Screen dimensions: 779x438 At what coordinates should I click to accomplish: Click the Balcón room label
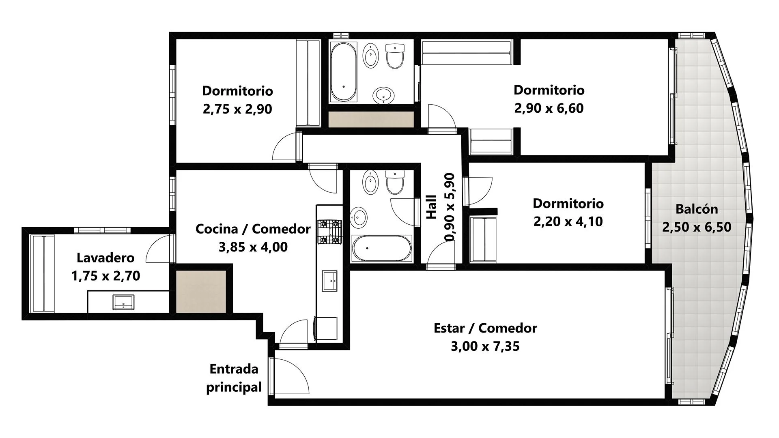(x=697, y=209)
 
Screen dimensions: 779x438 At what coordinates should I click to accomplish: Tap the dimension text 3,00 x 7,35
(x=485, y=346)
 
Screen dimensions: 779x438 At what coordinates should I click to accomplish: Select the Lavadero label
(x=105, y=258)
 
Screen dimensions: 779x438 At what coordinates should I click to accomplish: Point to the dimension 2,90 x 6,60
(x=549, y=108)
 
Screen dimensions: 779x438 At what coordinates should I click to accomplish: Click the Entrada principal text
(x=234, y=378)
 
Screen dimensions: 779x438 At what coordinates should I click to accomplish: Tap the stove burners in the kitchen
(x=329, y=232)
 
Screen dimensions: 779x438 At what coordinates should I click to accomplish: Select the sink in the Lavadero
(x=123, y=303)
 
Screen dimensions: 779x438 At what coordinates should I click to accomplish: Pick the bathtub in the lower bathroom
(x=381, y=248)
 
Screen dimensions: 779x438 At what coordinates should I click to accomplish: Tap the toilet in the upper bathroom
(x=395, y=56)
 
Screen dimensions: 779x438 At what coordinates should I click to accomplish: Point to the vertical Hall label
(x=432, y=207)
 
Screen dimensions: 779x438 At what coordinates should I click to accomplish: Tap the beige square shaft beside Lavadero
(x=201, y=292)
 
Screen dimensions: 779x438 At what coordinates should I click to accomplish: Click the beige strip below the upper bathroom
(x=371, y=119)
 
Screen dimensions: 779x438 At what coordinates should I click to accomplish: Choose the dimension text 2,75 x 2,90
(x=237, y=109)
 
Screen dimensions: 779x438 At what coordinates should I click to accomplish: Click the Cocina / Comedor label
(x=253, y=229)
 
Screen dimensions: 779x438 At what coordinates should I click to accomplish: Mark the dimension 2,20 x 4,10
(x=568, y=221)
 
